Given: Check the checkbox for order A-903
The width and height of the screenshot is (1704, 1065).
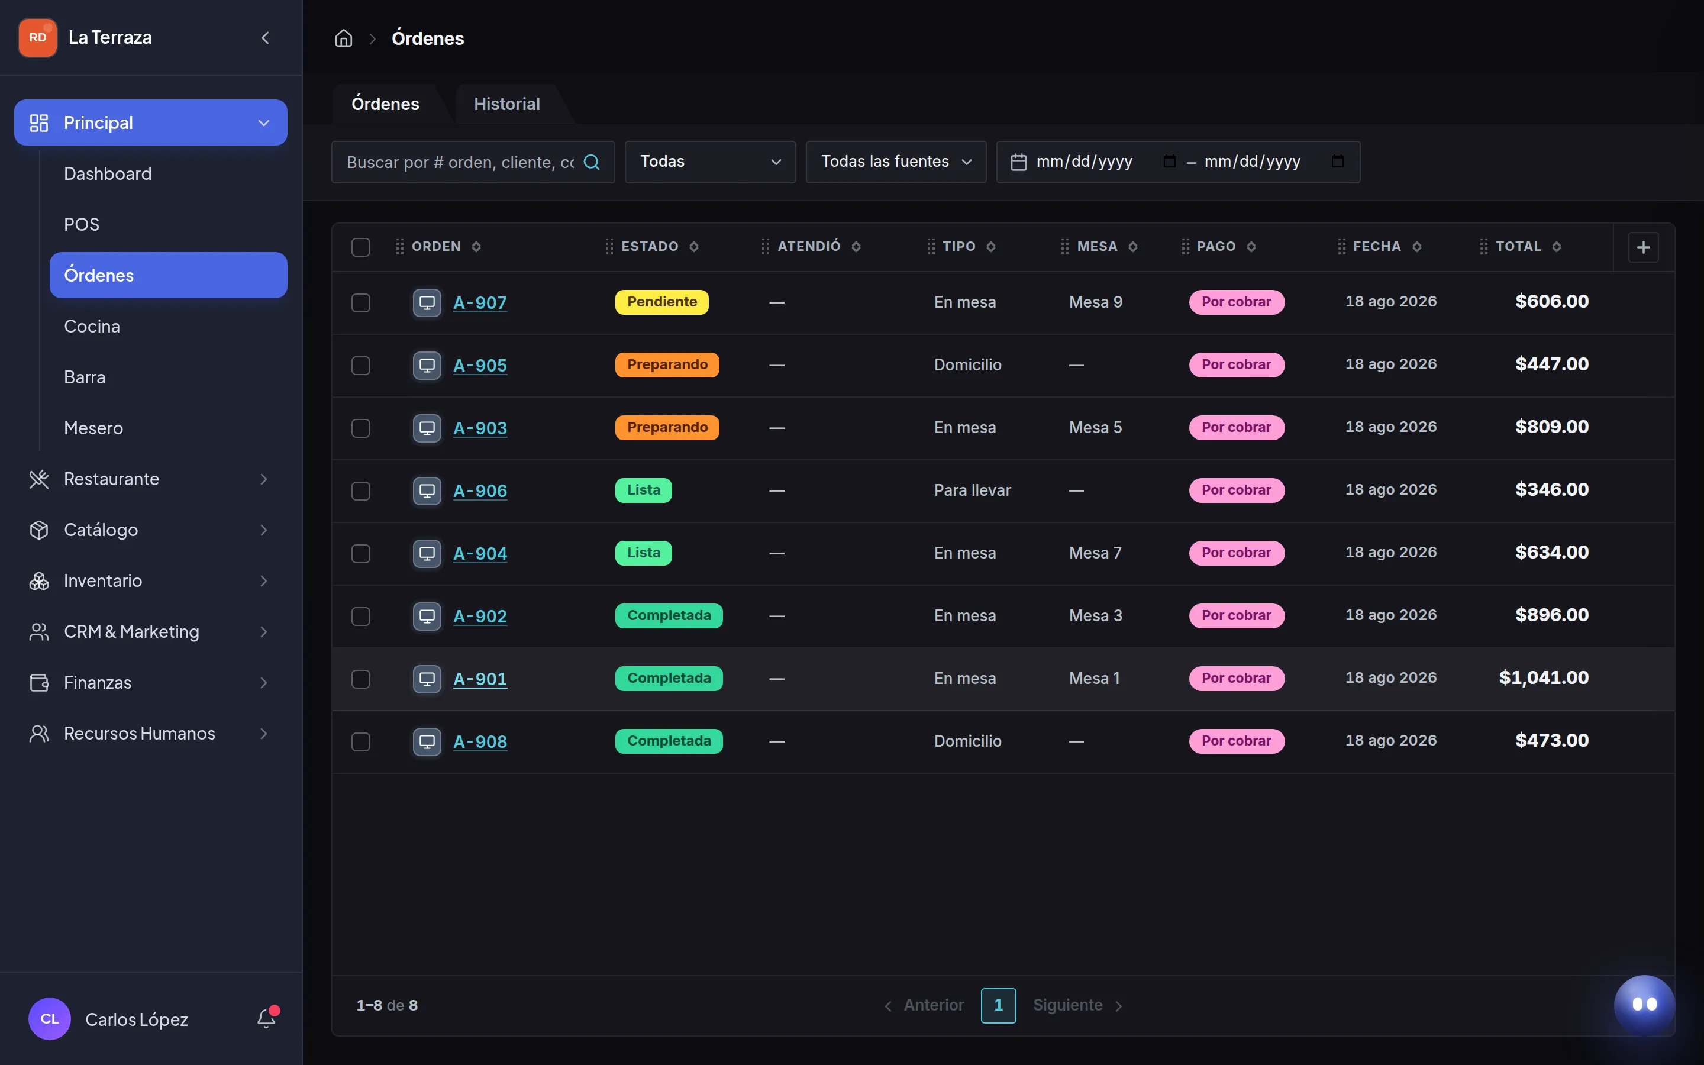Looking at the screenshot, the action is pos(360,428).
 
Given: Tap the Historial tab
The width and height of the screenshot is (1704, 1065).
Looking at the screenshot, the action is pos(507,104).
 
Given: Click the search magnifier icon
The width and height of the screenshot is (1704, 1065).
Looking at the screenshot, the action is pos(592,162).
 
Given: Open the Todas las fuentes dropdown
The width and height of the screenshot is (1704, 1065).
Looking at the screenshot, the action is pos(896,162).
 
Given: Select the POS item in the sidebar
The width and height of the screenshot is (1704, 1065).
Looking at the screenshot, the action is pos(82,225).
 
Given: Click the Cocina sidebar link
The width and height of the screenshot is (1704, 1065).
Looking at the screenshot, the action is pos(92,327).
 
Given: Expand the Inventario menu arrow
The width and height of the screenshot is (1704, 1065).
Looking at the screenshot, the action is pos(263,581).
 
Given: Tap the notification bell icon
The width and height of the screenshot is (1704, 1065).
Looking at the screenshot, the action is pos(266,1018).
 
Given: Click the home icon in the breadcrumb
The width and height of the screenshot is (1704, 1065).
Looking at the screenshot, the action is pos(344,38).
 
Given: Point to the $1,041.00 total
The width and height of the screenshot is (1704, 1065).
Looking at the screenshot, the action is pos(1544,678).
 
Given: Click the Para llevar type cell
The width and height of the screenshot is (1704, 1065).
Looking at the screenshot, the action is pos(973,491).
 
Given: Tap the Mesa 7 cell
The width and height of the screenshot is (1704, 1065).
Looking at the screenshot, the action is pos(1095,554).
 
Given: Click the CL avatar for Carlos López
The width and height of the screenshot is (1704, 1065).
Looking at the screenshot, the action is pos(49,1018).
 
